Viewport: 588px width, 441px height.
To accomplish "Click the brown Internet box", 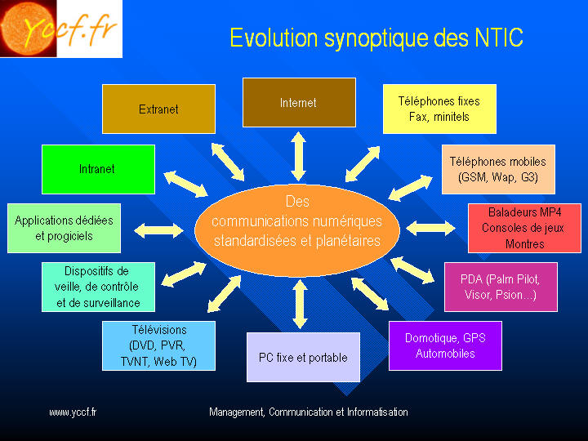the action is pos(299,102).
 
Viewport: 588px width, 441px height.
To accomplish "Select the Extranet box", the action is pos(158,109).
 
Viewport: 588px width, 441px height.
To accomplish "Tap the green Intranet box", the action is pos(98,169).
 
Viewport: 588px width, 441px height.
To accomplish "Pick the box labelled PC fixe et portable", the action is pos(303,357).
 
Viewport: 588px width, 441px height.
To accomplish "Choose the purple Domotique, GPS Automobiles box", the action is pos(445,345).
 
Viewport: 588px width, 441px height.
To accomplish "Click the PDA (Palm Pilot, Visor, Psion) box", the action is pos(501,287).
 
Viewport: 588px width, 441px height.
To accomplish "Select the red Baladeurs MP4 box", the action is pos(524,228).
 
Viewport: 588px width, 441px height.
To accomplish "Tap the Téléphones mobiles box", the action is pos(498,169).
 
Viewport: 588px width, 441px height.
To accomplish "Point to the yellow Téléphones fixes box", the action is pos(439,109).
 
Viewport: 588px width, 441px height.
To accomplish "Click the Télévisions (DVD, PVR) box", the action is pos(158,345).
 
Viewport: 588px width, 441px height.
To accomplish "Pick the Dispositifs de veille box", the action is pos(98,287).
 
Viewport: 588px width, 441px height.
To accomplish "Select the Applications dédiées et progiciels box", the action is pos(65,228).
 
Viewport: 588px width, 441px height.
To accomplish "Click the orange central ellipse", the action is pos(297,230).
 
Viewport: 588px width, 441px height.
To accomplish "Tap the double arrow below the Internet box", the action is pos(299,156).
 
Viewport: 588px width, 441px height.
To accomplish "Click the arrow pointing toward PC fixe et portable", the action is pos(300,304).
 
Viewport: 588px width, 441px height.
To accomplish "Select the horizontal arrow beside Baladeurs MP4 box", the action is pos(430,228).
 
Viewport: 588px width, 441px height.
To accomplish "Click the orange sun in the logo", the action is pos(28,28).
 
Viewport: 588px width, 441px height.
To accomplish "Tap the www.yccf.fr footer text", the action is pos(73,412).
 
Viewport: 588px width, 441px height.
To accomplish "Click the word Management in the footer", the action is pos(238,412).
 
